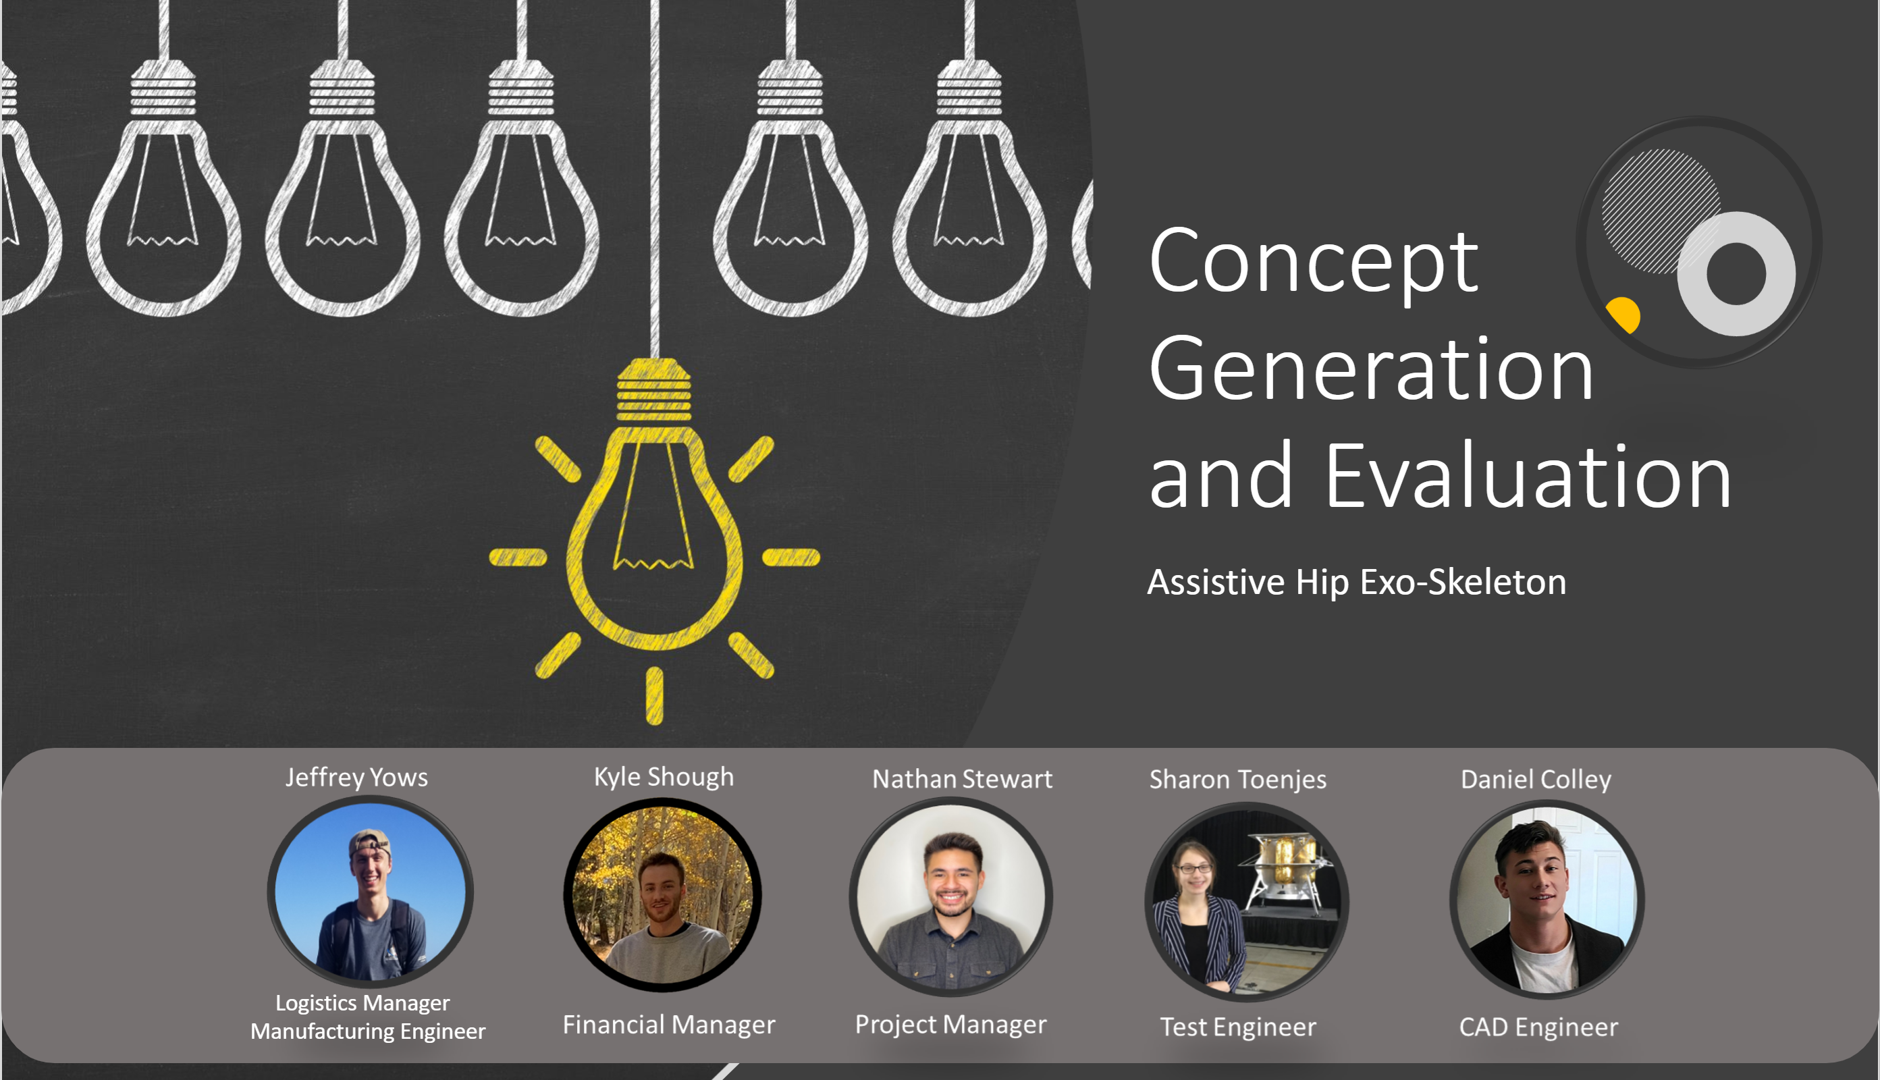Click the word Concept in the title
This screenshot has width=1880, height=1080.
coord(1314,261)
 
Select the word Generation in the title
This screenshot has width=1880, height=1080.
coord(1371,369)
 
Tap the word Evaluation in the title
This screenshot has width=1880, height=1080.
coord(1528,475)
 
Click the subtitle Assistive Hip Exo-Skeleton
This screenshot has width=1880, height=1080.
coord(1356,583)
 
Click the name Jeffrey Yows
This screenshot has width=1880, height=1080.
coord(356,778)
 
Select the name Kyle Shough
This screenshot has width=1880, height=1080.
coord(664,777)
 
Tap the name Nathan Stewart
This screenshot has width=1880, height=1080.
coord(962,779)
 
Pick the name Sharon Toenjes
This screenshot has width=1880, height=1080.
coord(1238,780)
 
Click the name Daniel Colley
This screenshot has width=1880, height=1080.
coord(1536,780)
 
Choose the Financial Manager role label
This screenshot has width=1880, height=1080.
coord(669,1025)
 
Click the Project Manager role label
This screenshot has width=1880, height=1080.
coord(950,1025)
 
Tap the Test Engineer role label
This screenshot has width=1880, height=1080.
coord(1238,1027)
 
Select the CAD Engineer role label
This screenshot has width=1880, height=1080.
coord(1538,1027)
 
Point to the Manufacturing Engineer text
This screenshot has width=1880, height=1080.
coord(368,1031)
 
